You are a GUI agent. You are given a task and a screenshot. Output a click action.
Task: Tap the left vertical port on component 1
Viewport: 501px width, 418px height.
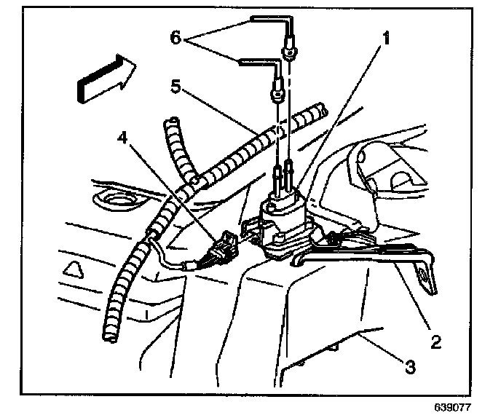coord(277,178)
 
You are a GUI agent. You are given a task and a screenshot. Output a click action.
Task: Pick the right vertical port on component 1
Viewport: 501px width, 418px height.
coord(290,170)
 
